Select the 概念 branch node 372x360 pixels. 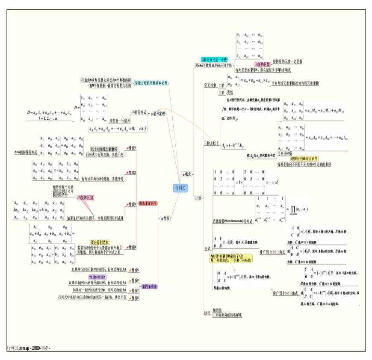[x=187, y=173]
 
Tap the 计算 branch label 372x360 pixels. [x=198, y=198]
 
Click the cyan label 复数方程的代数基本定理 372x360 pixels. [x=151, y=82]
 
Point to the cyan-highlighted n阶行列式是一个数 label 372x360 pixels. [x=214, y=59]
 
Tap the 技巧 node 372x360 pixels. [x=208, y=313]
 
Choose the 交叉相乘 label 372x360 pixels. [x=210, y=86]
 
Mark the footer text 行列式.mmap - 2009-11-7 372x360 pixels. [x=29, y=348]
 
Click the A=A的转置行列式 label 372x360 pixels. [x=26, y=151]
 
